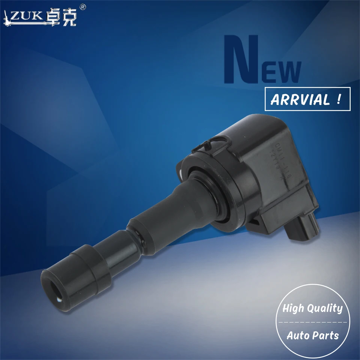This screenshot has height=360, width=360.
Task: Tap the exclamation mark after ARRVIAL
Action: pos(339,99)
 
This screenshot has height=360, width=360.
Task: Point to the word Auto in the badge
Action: pos(298,335)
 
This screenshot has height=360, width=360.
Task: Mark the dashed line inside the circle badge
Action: pos(313,322)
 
